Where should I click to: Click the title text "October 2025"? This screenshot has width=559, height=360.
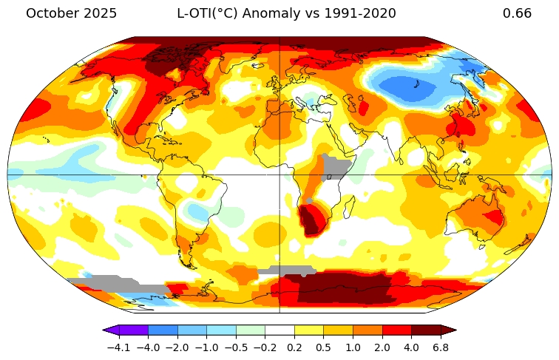(x=71, y=13)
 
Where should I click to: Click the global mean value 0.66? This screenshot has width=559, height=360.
(x=517, y=13)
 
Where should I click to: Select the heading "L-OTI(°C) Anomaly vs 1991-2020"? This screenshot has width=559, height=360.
(x=286, y=13)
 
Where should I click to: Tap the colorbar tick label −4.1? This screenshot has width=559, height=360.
(x=118, y=347)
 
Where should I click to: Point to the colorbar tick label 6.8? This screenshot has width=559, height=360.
(x=441, y=347)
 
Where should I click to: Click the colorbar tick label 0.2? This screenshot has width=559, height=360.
(x=294, y=347)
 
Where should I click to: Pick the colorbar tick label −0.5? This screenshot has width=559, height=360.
(x=236, y=347)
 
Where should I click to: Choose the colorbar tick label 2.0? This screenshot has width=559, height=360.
(x=382, y=347)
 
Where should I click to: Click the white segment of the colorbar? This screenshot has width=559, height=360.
(x=279, y=330)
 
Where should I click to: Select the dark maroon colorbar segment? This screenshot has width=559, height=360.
(x=426, y=330)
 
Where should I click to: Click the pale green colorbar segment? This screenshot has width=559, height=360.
(x=251, y=330)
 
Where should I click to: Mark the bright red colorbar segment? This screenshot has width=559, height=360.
(x=396, y=330)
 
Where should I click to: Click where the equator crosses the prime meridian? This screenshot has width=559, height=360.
(x=279, y=175)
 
